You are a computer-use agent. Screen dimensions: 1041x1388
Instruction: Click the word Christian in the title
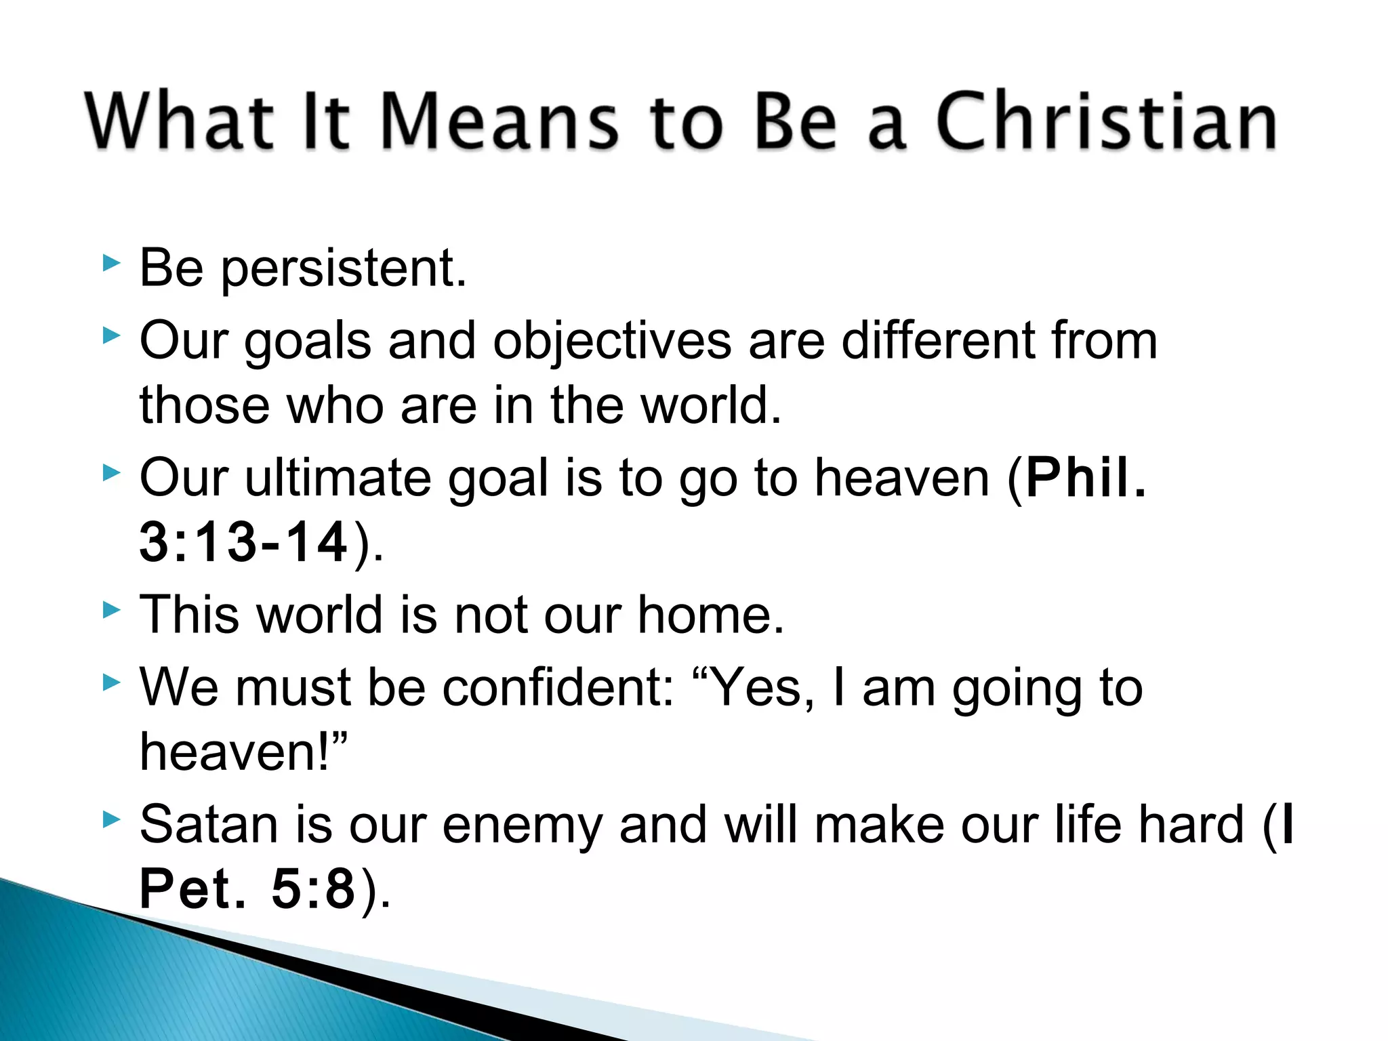tap(1106, 122)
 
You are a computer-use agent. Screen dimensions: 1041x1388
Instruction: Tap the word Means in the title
tap(500, 122)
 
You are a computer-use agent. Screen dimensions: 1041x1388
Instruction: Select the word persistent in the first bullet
tap(344, 270)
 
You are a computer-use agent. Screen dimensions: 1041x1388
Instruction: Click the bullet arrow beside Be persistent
tap(111, 263)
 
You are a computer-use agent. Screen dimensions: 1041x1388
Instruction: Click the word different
tap(937, 340)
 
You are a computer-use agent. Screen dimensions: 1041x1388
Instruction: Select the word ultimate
tap(338, 478)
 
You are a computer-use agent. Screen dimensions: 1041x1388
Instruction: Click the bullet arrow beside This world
tap(111, 610)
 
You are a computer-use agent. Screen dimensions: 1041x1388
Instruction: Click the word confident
tap(556, 687)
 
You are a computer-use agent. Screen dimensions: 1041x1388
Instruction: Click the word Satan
tap(209, 825)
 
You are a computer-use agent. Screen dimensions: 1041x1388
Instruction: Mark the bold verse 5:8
tap(314, 889)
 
